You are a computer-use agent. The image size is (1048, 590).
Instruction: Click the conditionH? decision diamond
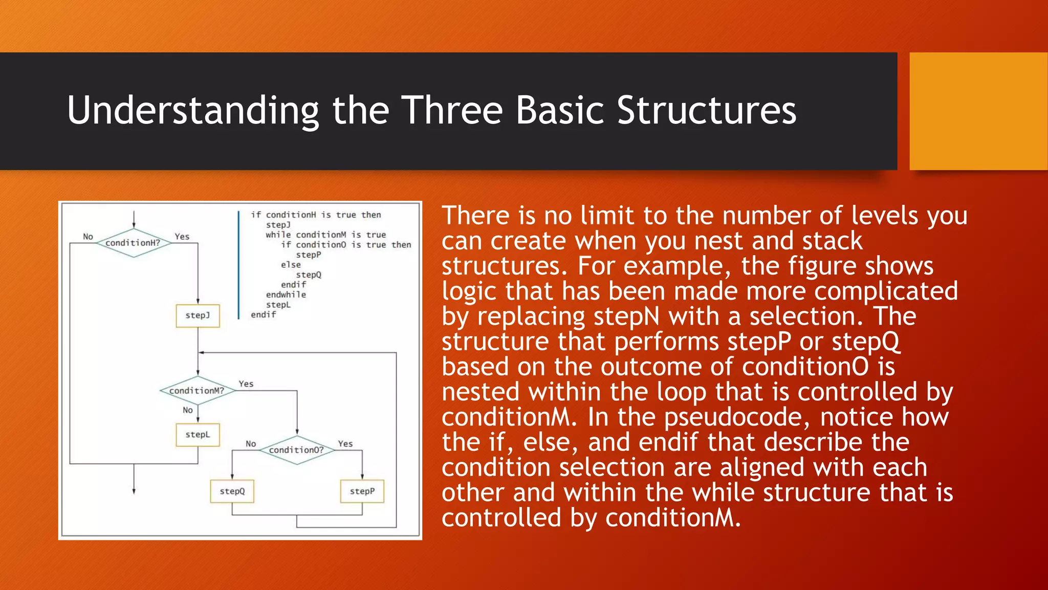[133, 243]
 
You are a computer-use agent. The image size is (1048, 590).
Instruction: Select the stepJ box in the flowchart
[198, 315]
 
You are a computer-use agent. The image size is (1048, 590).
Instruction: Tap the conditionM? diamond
[197, 391]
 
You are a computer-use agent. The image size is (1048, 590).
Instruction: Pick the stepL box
[198, 435]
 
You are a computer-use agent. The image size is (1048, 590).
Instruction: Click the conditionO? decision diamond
[296, 450]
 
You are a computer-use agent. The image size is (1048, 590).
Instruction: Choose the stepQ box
[232, 491]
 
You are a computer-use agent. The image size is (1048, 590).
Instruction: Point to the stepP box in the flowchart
[362, 491]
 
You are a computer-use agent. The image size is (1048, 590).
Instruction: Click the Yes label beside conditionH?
[182, 237]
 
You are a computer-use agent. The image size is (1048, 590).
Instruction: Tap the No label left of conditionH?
[88, 237]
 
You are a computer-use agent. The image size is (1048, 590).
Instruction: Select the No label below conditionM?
[188, 410]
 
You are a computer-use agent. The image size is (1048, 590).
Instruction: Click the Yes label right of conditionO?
[345, 444]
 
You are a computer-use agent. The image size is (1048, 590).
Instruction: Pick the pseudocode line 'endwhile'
[286, 294]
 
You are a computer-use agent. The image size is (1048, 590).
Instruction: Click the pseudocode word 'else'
[291, 265]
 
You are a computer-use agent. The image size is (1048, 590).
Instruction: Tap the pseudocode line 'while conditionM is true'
[325, 235]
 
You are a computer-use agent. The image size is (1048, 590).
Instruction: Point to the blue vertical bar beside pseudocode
[238, 265]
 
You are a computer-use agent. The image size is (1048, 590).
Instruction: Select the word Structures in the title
[706, 110]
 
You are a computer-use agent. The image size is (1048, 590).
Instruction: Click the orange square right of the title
[978, 111]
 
